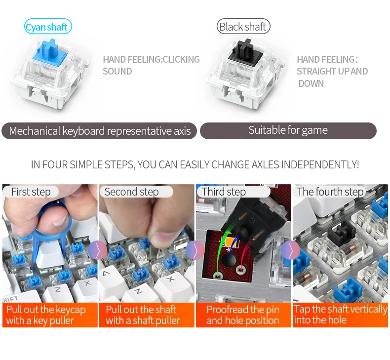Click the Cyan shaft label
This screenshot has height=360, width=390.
click(48, 26)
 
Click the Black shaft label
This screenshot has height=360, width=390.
click(243, 26)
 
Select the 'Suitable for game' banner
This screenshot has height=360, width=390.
click(288, 130)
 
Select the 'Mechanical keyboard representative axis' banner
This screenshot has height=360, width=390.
click(99, 131)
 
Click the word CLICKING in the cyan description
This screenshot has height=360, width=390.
click(181, 59)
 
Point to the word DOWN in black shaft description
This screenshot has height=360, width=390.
click(311, 83)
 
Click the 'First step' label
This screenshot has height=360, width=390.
click(31, 192)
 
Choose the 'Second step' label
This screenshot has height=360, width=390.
click(132, 192)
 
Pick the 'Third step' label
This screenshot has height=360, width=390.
click(224, 192)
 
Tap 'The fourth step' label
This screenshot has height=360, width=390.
click(330, 192)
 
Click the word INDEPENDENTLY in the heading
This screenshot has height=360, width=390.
click(320, 165)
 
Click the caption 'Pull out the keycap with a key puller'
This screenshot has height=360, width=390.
click(46, 315)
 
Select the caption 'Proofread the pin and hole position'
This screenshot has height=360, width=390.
click(243, 315)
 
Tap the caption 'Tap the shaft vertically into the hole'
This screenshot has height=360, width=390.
click(340, 315)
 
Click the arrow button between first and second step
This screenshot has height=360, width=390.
click(98, 250)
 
